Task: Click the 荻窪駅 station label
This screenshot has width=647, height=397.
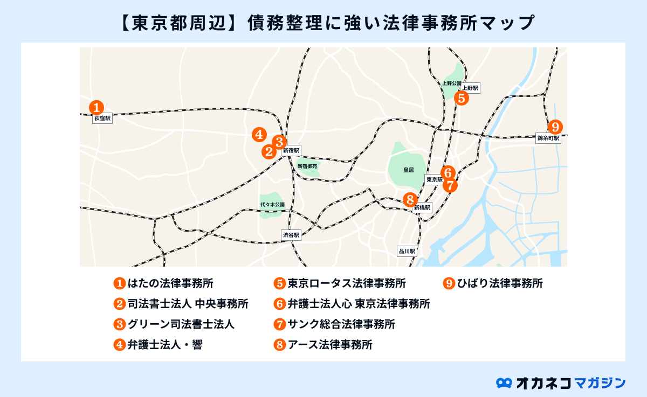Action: (x=102, y=117)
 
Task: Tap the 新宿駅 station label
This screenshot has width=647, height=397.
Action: (x=291, y=151)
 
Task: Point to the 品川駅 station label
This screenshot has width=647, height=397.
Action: (x=407, y=251)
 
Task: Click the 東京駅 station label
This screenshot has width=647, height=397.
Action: (x=434, y=179)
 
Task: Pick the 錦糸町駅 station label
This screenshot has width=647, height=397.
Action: (x=548, y=138)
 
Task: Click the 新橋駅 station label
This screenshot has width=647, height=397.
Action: (x=423, y=207)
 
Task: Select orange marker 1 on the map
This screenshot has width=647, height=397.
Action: (x=96, y=107)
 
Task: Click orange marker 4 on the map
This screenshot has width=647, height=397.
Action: (x=259, y=135)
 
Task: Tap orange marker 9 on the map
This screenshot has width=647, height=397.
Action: (x=555, y=127)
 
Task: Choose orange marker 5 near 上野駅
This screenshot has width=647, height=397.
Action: (x=461, y=98)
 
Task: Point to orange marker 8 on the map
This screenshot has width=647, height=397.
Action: (x=410, y=199)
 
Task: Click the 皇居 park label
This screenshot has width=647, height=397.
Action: (x=408, y=170)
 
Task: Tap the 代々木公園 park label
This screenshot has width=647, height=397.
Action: (x=272, y=205)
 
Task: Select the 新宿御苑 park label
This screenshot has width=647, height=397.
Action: (x=308, y=168)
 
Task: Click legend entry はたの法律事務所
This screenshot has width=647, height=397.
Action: (x=167, y=283)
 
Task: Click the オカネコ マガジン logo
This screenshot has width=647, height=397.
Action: (x=561, y=382)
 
